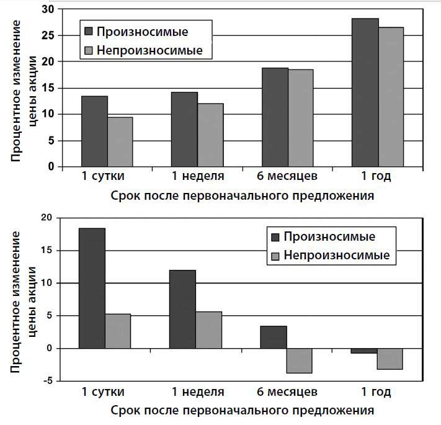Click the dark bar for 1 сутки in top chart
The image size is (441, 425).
pos(94,132)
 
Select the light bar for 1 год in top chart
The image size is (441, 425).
pos(391,97)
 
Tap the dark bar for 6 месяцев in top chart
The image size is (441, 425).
pos(275,117)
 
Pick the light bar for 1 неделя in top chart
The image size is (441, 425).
pos(210,135)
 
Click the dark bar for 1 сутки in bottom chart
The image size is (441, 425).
pos(92,289)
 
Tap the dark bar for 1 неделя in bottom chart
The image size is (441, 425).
pos(182,309)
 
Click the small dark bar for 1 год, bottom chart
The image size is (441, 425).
pos(364,351)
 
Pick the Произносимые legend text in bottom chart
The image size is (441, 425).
pos(329,236)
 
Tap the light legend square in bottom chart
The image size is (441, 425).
pos(276,256)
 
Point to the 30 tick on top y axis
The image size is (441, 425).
pos(46,10)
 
